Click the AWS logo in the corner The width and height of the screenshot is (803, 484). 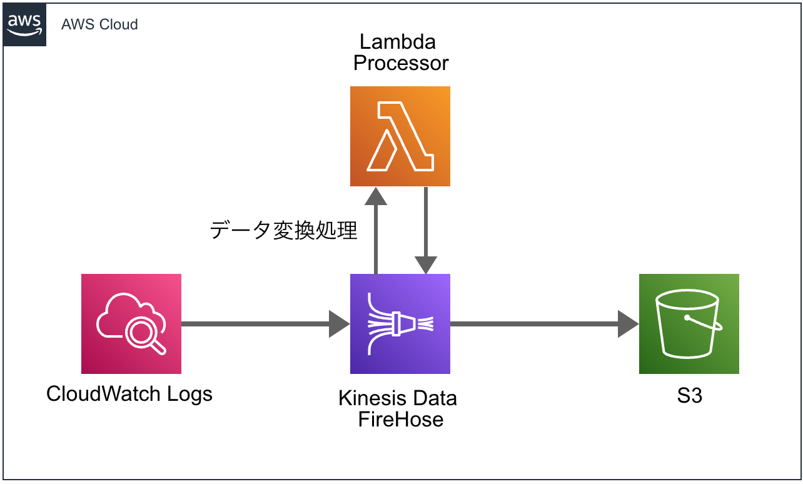(24, 24)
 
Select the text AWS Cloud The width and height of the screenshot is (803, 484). (99, 25)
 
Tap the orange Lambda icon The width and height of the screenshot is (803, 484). (400, 136)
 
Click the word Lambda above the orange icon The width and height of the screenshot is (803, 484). (398, 42)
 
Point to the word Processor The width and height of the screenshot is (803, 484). (401, 63)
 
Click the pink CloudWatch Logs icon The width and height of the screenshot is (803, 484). (131, 324)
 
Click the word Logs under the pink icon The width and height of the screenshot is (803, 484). (190, 394)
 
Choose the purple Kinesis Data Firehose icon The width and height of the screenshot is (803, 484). (400, 324)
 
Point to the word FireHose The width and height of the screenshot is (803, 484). (401, 419)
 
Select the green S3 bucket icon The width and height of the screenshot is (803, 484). (689, 324)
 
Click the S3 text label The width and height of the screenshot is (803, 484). (689, 396)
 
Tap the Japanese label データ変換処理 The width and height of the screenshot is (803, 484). (283, 231)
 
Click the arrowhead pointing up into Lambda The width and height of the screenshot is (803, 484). (376, 196)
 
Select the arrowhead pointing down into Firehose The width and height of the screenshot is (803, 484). (425, 265)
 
